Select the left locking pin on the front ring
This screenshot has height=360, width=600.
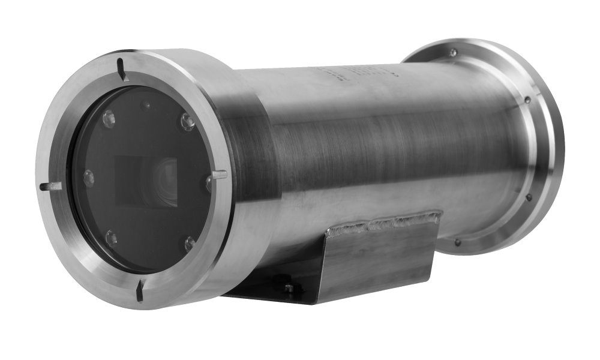[x=50, y=187]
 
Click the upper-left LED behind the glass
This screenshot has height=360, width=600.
[x=109, y=118]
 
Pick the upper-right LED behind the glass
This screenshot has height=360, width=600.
[x=187, y=122]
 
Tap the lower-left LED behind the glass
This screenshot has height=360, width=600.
[x=111, y=238]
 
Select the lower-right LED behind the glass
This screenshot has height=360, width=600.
[x=190, y=242]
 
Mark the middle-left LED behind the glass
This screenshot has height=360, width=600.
[x=89, y=177]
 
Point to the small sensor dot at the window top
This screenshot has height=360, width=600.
[x=145, y=106]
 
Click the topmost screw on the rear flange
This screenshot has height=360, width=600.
[x=453, y=53]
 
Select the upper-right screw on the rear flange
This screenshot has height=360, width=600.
[x=527, y=100]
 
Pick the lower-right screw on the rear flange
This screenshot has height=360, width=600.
[x=529, y=196]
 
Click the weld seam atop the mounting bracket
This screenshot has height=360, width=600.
[x=384, y=221]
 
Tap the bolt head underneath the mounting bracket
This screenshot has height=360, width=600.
[x=289, y=288]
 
